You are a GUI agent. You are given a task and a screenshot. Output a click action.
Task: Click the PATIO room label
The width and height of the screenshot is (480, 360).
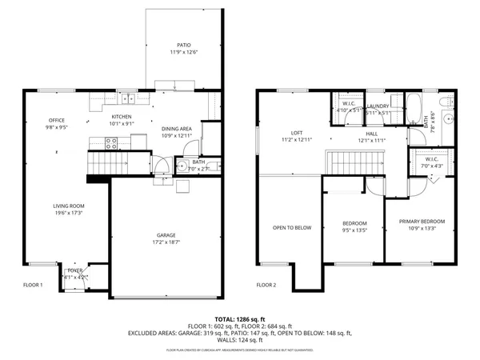click(x=184, y=45)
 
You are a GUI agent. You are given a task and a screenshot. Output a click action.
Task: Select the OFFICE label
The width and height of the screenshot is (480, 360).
click(x=56, y=121)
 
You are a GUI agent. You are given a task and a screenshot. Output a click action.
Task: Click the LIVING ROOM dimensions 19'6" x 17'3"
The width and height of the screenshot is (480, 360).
click(x=69, y=213)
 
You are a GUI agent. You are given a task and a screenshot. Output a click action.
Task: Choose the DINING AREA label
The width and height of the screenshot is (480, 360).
click(x=176, y=128)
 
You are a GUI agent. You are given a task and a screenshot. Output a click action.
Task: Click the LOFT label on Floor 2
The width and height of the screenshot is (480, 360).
click(x=296, y=133)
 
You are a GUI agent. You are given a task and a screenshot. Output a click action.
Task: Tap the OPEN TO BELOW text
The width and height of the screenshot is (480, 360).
click(x=291, y=227)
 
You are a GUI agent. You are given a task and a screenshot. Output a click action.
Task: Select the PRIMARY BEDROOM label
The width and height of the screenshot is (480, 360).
click(x=421, y=221)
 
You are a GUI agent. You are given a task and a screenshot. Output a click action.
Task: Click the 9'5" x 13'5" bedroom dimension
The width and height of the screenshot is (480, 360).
click(x=354, y=230)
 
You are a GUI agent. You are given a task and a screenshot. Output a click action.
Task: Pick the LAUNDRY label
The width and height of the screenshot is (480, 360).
click(x=378, y=106)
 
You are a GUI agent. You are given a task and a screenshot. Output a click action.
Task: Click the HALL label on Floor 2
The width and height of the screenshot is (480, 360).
click(x=373, y=134)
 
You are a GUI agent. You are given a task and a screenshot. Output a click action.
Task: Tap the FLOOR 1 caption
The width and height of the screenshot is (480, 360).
click(x=32, y=285)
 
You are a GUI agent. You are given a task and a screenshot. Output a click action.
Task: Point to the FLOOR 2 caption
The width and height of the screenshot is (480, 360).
click(x=266, y=285)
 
